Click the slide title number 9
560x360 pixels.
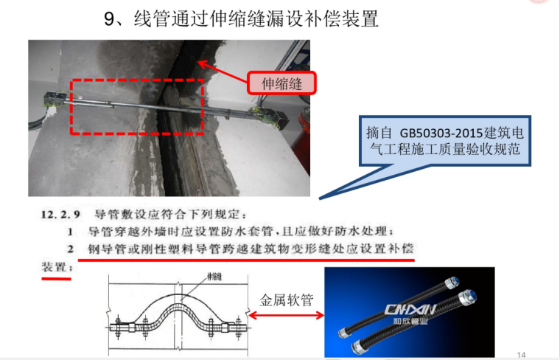pyautogui.click(x=109, y=19)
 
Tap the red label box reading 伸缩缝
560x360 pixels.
pyautogui.click(x=281, y=83)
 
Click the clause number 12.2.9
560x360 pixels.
pyautogui.click(x=60, y=215)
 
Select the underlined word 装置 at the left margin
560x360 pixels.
pyautogui.click(x=57, y=267)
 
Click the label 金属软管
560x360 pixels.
pyautogui.click(x=287, y=300)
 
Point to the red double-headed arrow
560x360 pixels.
pyautogui.click(x=287, y=315)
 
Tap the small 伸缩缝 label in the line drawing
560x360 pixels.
pyautogui.click(x=214, y=277)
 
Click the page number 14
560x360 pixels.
pyautogui.click(x=521, y=355)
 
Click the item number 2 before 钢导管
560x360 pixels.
pyautogui.click(x=70, y=249)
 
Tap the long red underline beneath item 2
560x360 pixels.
pyautogui.click(x=246, y=260)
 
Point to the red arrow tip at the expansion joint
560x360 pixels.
pyautogui.click(x=198, y=62)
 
